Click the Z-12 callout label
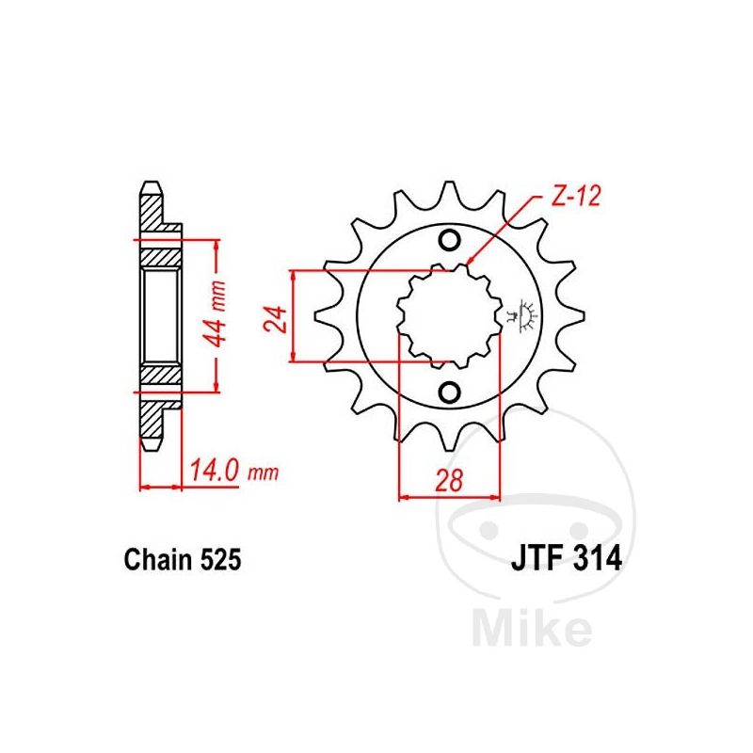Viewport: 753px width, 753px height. pos(576,196)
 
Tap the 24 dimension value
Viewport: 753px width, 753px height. pos(275,318)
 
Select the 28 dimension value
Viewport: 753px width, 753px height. pos(450,480)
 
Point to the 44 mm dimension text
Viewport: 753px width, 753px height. pos(216,313)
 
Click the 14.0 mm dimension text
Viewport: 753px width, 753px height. pos(234,471)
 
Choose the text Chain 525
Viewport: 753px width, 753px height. pos(183,559)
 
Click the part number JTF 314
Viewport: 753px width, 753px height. pos(567,559)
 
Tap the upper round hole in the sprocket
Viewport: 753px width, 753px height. pos(450,240)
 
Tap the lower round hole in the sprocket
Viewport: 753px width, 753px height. pos(450,393)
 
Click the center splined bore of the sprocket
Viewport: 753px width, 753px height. pos(450,316)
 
